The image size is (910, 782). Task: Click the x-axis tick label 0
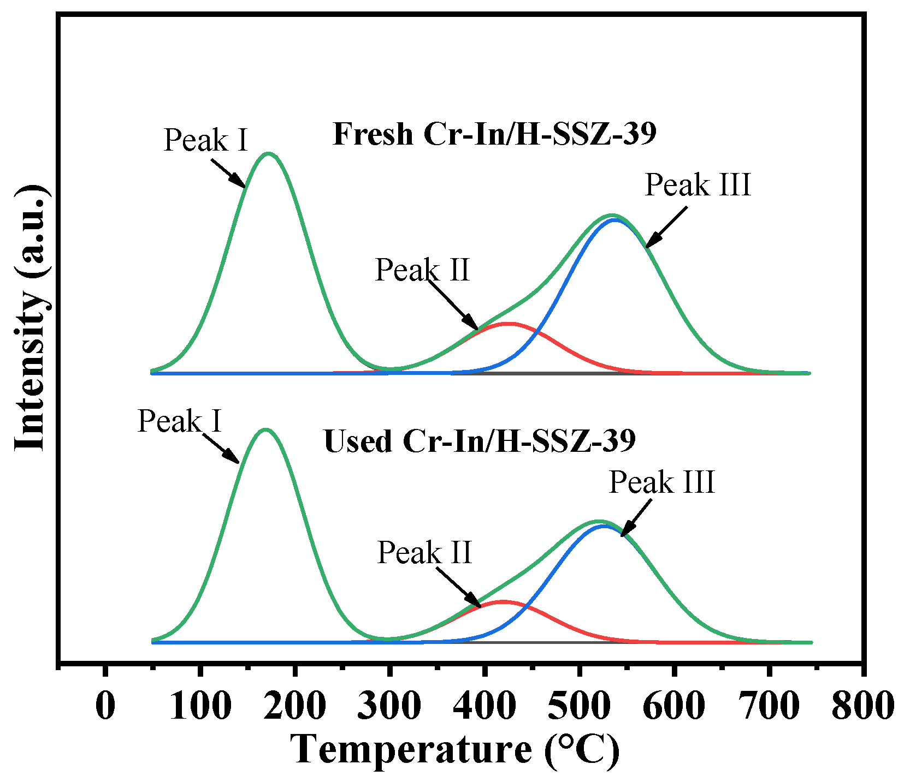[105, 706]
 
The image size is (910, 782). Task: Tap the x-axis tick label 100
[201, 706]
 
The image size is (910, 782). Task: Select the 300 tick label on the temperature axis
[389, 706]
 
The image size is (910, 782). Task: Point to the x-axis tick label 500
[579, 706]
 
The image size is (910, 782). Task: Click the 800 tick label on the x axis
[862, 706]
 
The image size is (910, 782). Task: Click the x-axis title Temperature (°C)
[455, 749]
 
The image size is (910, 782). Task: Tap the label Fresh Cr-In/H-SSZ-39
[494, 134]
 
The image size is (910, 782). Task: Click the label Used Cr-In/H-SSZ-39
[480, 441]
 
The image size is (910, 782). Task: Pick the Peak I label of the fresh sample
[206, 140]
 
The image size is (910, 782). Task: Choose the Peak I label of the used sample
[180, 421]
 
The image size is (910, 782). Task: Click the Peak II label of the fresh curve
[422, 270]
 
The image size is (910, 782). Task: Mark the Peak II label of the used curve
[424, 553]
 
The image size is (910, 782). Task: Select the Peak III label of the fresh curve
[698, 185]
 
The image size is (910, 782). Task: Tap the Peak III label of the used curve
[661, 482]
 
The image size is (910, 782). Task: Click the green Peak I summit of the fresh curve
[268, 153]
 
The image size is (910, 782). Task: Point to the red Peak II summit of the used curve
[501, 601]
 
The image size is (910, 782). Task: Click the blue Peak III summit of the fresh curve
[616, 219]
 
